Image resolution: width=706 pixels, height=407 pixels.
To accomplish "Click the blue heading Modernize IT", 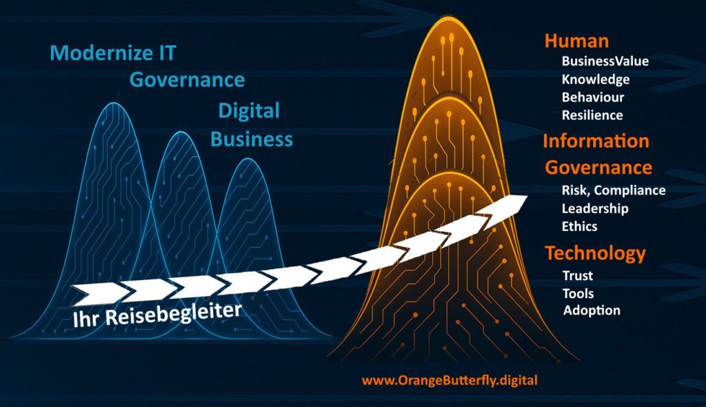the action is point(112,52).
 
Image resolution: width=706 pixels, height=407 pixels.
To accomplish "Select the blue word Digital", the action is point(249,111).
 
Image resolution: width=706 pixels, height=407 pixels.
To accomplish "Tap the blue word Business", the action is point(252,139).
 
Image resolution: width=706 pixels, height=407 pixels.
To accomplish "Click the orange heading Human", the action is point(577,41).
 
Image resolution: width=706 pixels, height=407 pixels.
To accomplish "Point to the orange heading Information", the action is point(596,141).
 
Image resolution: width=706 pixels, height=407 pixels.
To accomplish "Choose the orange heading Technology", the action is point(595,254).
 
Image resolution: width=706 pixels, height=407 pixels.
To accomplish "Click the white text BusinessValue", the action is point(605,61).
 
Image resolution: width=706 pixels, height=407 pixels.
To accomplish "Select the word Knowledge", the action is point(596,80).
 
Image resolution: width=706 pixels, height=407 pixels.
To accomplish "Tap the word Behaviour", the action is point(593,97).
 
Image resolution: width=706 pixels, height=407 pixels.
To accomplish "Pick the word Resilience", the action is point(592,115).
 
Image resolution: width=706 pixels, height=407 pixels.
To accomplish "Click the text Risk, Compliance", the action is point(614,190).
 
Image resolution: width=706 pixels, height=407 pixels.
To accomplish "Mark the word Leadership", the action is point(595,209).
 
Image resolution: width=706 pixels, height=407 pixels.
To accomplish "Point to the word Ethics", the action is point(579,226).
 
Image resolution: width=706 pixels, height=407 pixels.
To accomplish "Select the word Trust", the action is point(578,275).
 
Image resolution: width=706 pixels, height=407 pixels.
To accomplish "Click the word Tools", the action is point(578,294).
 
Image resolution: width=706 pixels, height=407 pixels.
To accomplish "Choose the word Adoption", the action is point(592,310).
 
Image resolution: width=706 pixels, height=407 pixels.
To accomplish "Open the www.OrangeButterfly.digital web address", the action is point(450,380).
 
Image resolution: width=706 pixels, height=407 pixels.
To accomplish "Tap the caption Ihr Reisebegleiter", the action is point(157,314).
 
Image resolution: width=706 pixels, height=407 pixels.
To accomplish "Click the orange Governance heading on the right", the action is point(598,168).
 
